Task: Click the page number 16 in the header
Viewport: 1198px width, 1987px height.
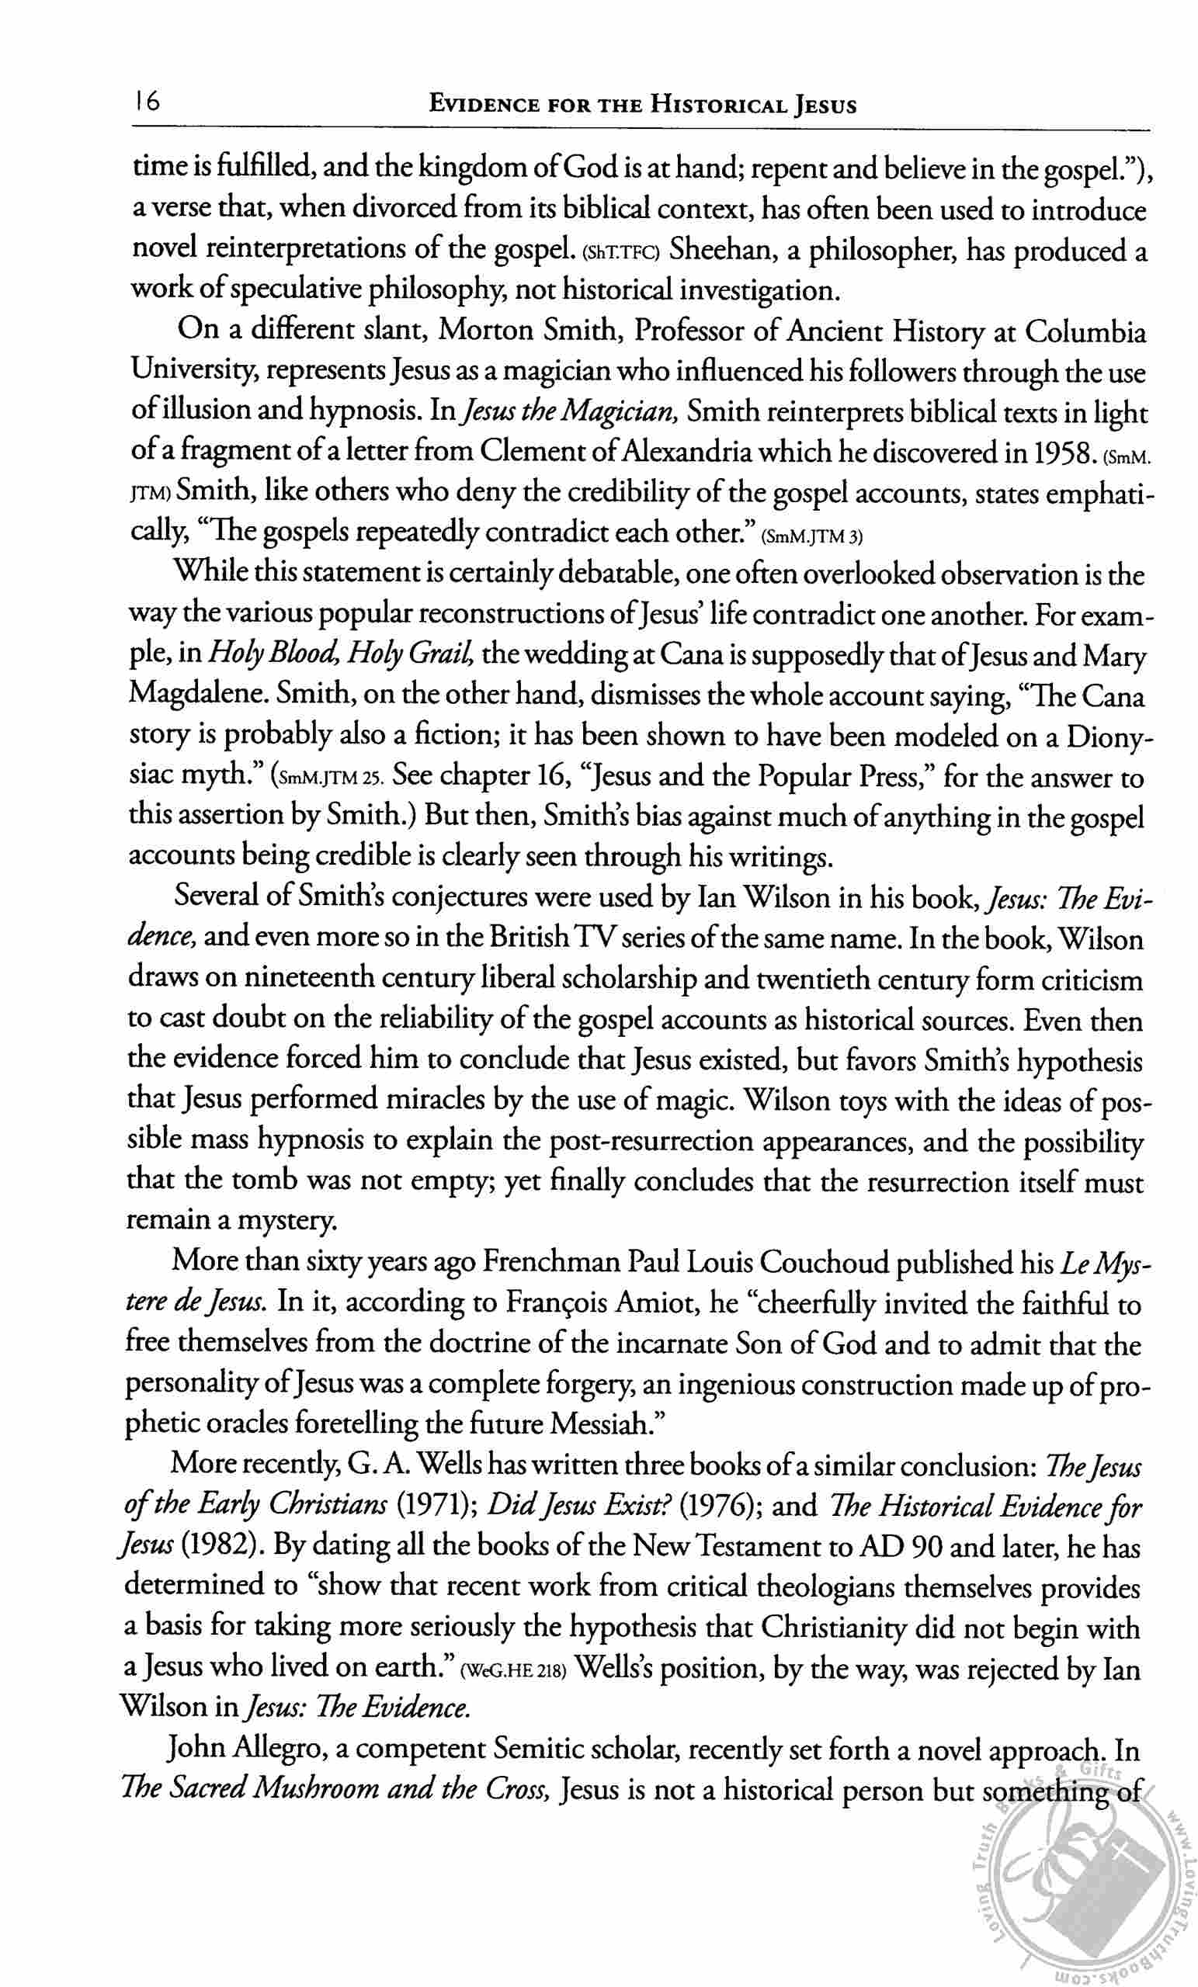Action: click(148, 103)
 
